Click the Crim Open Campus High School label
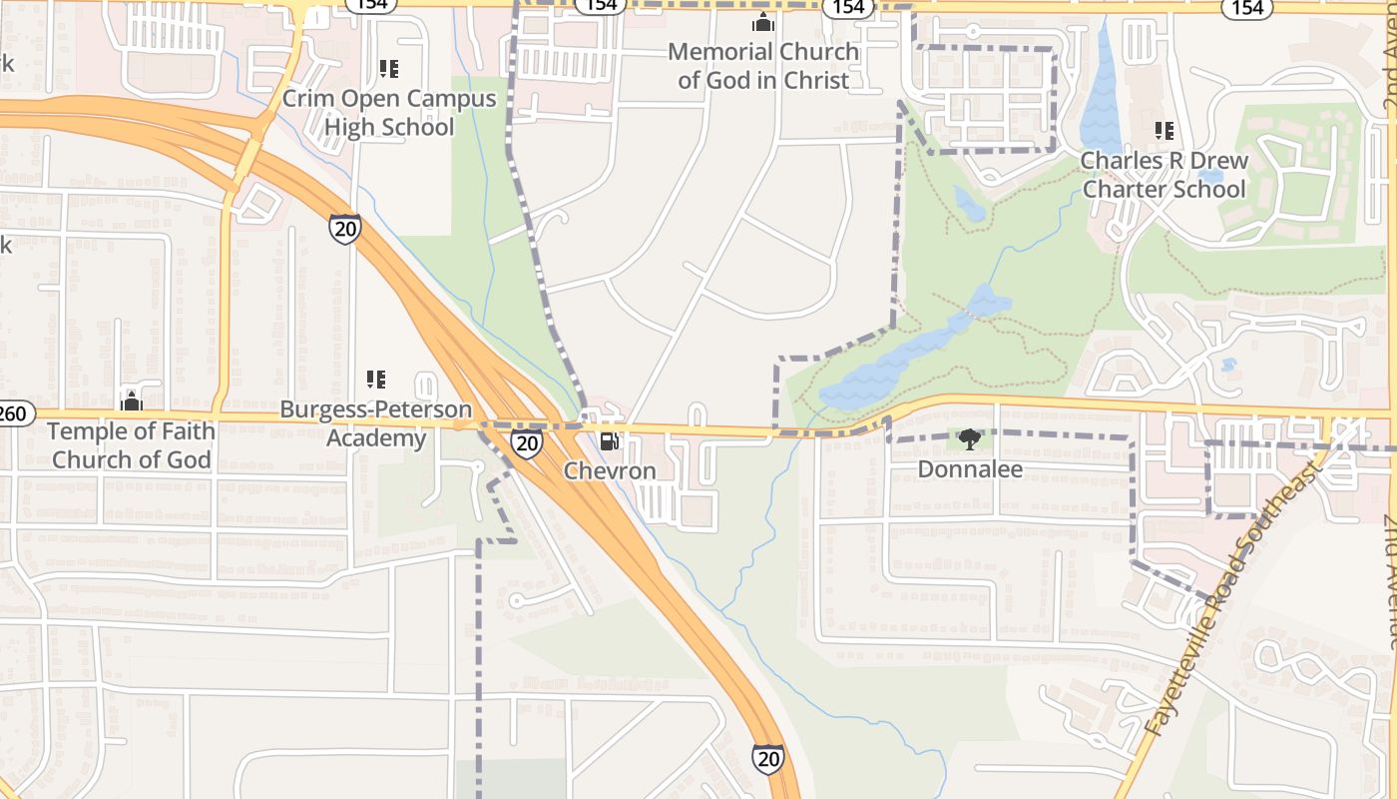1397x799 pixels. pos(389,113)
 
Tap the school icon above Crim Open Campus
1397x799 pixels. pos(389,69)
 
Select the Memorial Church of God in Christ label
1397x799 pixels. pos(763,66)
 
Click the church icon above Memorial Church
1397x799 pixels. pos(763,22)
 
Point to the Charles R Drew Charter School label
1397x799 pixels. pos(1164,175)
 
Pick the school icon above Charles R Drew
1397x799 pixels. pos(1164,131)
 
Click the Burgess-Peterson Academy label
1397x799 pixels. pos(375,423)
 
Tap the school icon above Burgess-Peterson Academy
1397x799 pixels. pos(376,380)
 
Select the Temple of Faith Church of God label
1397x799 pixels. pos(131,445)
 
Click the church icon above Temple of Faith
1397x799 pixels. pos(131,401)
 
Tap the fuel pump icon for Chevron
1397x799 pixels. pos(608,441)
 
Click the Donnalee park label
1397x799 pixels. pos(969,468)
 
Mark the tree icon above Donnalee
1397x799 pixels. pos(968,438)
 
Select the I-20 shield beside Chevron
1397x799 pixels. pos(526,442)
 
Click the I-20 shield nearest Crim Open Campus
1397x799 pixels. pos(344,229)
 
